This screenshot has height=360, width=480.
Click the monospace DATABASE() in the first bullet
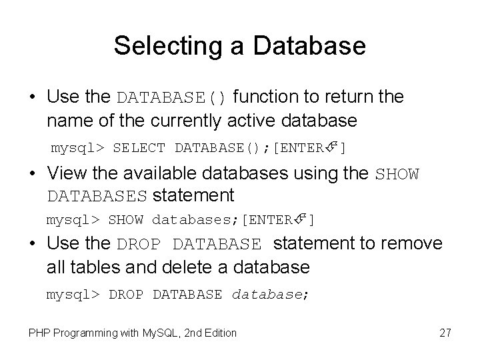click(173, 97)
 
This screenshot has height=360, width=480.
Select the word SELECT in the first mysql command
click(140, 147)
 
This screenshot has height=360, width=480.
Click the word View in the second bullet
click(65, 175)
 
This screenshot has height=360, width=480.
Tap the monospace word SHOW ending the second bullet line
click(398, 175)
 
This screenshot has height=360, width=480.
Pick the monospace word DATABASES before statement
click(97, 196)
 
